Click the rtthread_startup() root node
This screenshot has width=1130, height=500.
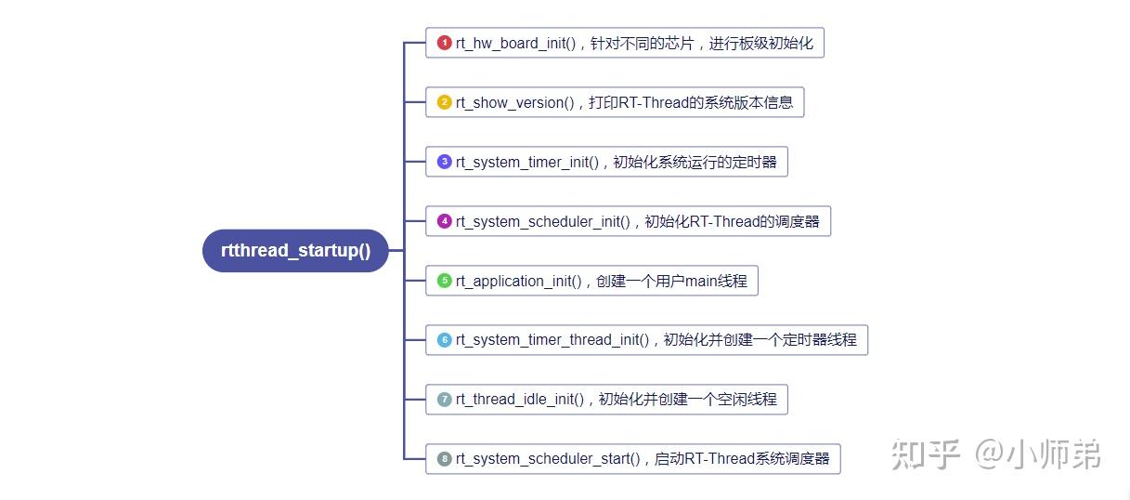click(295, 251)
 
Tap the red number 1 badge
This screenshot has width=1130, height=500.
click(445, 43)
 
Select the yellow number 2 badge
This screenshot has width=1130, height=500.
click(445, 102)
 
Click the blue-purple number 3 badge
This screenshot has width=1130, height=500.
click(445, 162)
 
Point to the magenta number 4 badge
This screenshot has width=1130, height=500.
click(445, 221)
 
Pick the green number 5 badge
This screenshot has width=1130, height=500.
click(445, 281)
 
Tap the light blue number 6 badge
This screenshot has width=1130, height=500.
click(445, 340)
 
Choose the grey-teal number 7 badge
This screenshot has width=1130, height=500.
click(445, 400)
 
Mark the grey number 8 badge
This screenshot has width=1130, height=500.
click(445, 459)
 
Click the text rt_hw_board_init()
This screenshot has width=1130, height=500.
click(515, 44)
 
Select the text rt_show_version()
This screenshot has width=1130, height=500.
click(515, 103)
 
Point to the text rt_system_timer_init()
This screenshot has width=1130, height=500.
click(526, 163)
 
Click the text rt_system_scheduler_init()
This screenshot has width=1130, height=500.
click(542, 222)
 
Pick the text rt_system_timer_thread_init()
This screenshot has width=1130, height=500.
click(552, 340)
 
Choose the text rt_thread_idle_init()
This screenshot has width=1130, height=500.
click(519, 400)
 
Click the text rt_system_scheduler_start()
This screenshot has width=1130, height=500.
click(547, 459)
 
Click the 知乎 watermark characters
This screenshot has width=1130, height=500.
click(926, 455)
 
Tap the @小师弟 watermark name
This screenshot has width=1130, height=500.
click(1038, 455)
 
